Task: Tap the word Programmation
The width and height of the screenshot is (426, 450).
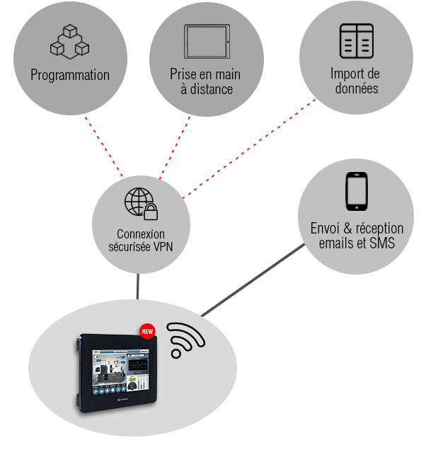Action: click(x=70, y=75)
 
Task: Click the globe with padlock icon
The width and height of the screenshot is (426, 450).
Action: click(x=141, y=203)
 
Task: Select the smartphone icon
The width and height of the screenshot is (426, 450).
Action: click(x=356, y=192)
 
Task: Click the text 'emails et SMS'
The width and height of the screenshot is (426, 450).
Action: click(x=357, y=244)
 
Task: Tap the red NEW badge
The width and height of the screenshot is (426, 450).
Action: click(x=148, y=330)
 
